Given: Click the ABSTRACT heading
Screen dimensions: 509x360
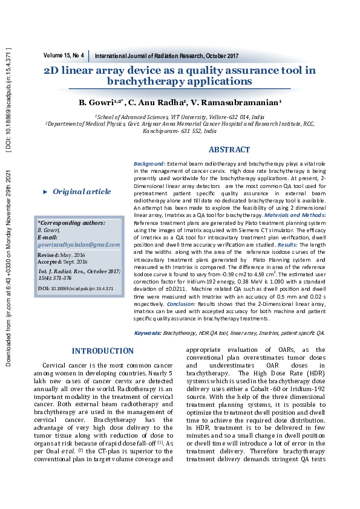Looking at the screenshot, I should click(229, 150).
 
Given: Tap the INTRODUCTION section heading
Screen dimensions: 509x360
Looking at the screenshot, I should click(103, 351).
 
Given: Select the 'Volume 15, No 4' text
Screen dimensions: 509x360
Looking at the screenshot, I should click(64, 56).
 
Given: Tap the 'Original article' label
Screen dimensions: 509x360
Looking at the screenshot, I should click(82, 192).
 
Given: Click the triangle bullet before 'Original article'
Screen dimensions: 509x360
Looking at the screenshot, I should click(45, 192).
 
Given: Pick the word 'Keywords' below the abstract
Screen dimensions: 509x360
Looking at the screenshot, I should click(147, 332).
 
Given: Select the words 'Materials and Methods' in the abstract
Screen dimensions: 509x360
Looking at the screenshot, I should click(296, 215).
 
